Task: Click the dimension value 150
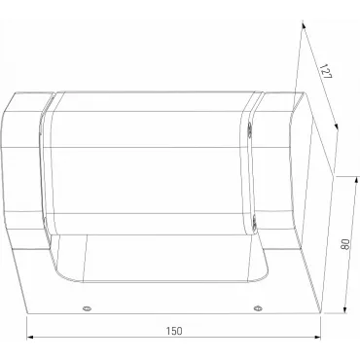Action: (174, 331)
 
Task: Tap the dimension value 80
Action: (345, 244)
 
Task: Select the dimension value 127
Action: (326, 71)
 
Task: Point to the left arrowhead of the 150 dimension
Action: (30, 338)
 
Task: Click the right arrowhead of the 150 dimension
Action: (317, 338)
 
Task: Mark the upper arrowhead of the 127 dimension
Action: (304, 24)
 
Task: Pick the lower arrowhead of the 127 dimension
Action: (337, 126)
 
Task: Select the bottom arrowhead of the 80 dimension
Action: (345, 309)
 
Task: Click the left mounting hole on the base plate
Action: (87, 308)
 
